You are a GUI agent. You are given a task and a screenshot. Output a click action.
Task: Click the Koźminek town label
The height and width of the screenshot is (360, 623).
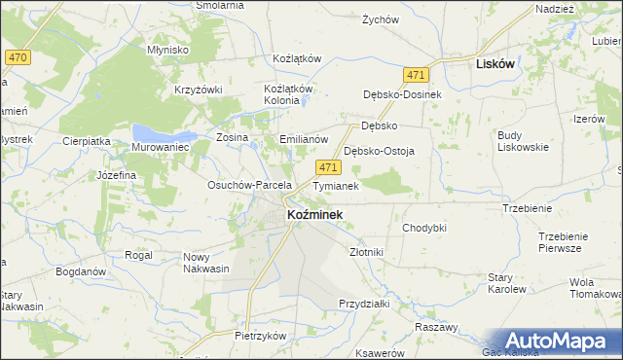point(314,214)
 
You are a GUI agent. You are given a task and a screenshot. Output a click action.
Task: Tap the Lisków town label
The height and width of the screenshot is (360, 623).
point(495,63)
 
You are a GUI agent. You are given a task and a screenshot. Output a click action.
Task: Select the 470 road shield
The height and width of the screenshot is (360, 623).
point(16,58)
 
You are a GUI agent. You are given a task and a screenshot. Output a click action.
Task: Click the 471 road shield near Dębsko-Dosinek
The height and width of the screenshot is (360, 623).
point(417,75)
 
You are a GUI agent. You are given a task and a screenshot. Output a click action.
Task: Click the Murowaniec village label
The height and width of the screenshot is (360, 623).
point(159,147)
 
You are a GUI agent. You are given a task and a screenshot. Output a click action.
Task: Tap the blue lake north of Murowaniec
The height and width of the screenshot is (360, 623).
point(157,130)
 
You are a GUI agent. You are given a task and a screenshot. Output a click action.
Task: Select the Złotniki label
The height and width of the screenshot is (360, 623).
point(366,252)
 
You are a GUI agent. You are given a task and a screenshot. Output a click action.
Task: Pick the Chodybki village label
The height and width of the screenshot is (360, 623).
point(423,228)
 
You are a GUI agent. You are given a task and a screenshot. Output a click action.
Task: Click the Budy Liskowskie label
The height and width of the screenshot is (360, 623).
point(523,140)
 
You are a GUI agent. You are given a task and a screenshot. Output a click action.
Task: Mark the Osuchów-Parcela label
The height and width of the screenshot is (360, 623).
point(250,184)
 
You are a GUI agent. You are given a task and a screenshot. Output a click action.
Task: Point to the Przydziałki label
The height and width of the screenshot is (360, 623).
point(364,303)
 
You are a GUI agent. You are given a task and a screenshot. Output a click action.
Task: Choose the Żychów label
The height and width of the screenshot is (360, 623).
point(381,19)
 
